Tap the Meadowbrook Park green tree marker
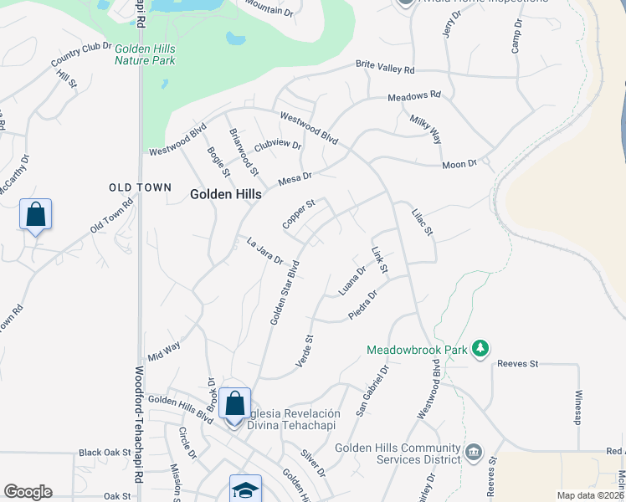(x=480, y=347)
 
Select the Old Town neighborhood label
(x=141, y=187)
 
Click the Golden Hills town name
(x=226, y=193)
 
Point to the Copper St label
(x=298, y=214)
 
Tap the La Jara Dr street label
(x=265, y=251)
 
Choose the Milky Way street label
(x=425, y=130)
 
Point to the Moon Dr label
(x=459, y=164)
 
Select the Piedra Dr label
(x=363, y=305)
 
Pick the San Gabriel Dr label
(x=373, y=389)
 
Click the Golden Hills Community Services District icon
(x=473, y=453)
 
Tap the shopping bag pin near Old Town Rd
(x=36, y=215)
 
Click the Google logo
(x=28, y=492)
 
